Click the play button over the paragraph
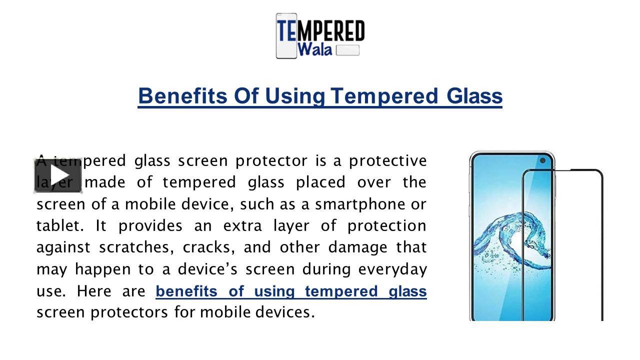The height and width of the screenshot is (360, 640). click(58, 175)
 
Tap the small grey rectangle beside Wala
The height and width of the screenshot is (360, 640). click(347, 50)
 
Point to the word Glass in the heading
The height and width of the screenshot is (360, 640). click(474, 96)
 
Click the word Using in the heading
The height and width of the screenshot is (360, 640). click(294, 96)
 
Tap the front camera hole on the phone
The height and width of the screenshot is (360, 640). click(542, 161)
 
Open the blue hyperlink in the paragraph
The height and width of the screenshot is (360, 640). click(291, 291)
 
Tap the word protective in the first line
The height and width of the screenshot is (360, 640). click(387, 161)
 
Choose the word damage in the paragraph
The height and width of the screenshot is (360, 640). click(356, 247)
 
